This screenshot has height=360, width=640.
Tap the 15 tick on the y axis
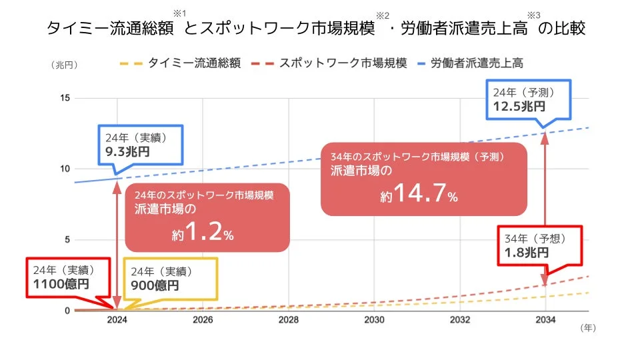[x=65, y=98]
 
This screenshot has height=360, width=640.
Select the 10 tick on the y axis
[x=65, y=169]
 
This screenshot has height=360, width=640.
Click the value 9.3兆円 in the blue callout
[x=127, y=152]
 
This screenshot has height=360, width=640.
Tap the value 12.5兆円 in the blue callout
[x=519, y=106]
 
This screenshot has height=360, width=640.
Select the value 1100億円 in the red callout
[x=61, y=285]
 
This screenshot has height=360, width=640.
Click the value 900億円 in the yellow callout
[x=155, y=286]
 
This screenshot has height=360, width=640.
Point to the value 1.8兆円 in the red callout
[x=527, y=253]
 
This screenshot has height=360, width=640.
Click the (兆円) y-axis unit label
[x=64, y=65]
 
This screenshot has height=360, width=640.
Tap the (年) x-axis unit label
[x=587, y=327]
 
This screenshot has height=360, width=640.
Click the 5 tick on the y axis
[x=67, y=240]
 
